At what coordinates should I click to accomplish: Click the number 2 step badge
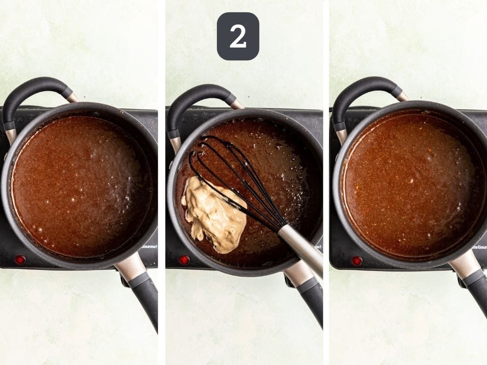238,36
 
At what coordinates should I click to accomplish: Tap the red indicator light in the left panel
20,259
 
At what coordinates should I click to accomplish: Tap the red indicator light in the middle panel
184,260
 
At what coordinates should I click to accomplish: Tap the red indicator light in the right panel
357,260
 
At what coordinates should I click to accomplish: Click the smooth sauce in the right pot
409,185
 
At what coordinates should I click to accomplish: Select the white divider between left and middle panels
162,182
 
